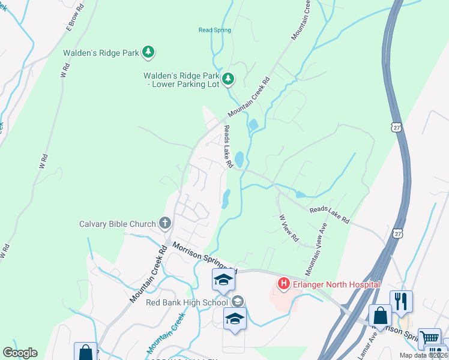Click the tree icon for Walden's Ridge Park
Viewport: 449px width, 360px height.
point(148,53)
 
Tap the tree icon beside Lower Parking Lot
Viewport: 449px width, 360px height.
point(228,79)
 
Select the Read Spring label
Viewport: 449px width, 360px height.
point(214,30)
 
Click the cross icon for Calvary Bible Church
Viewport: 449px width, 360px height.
point(165,224)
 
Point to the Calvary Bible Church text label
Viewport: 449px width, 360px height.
point(118,224)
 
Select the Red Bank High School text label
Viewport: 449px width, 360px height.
point(187,302)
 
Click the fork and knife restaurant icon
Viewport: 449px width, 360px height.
point(401,300)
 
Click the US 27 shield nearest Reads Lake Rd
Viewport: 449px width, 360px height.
point(396,232)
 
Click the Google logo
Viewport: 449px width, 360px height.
point(20,353)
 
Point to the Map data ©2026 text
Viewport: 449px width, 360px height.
point(423,355)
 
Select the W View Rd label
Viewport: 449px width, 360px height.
point(289,228)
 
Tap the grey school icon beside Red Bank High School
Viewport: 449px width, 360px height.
point(238,301)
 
